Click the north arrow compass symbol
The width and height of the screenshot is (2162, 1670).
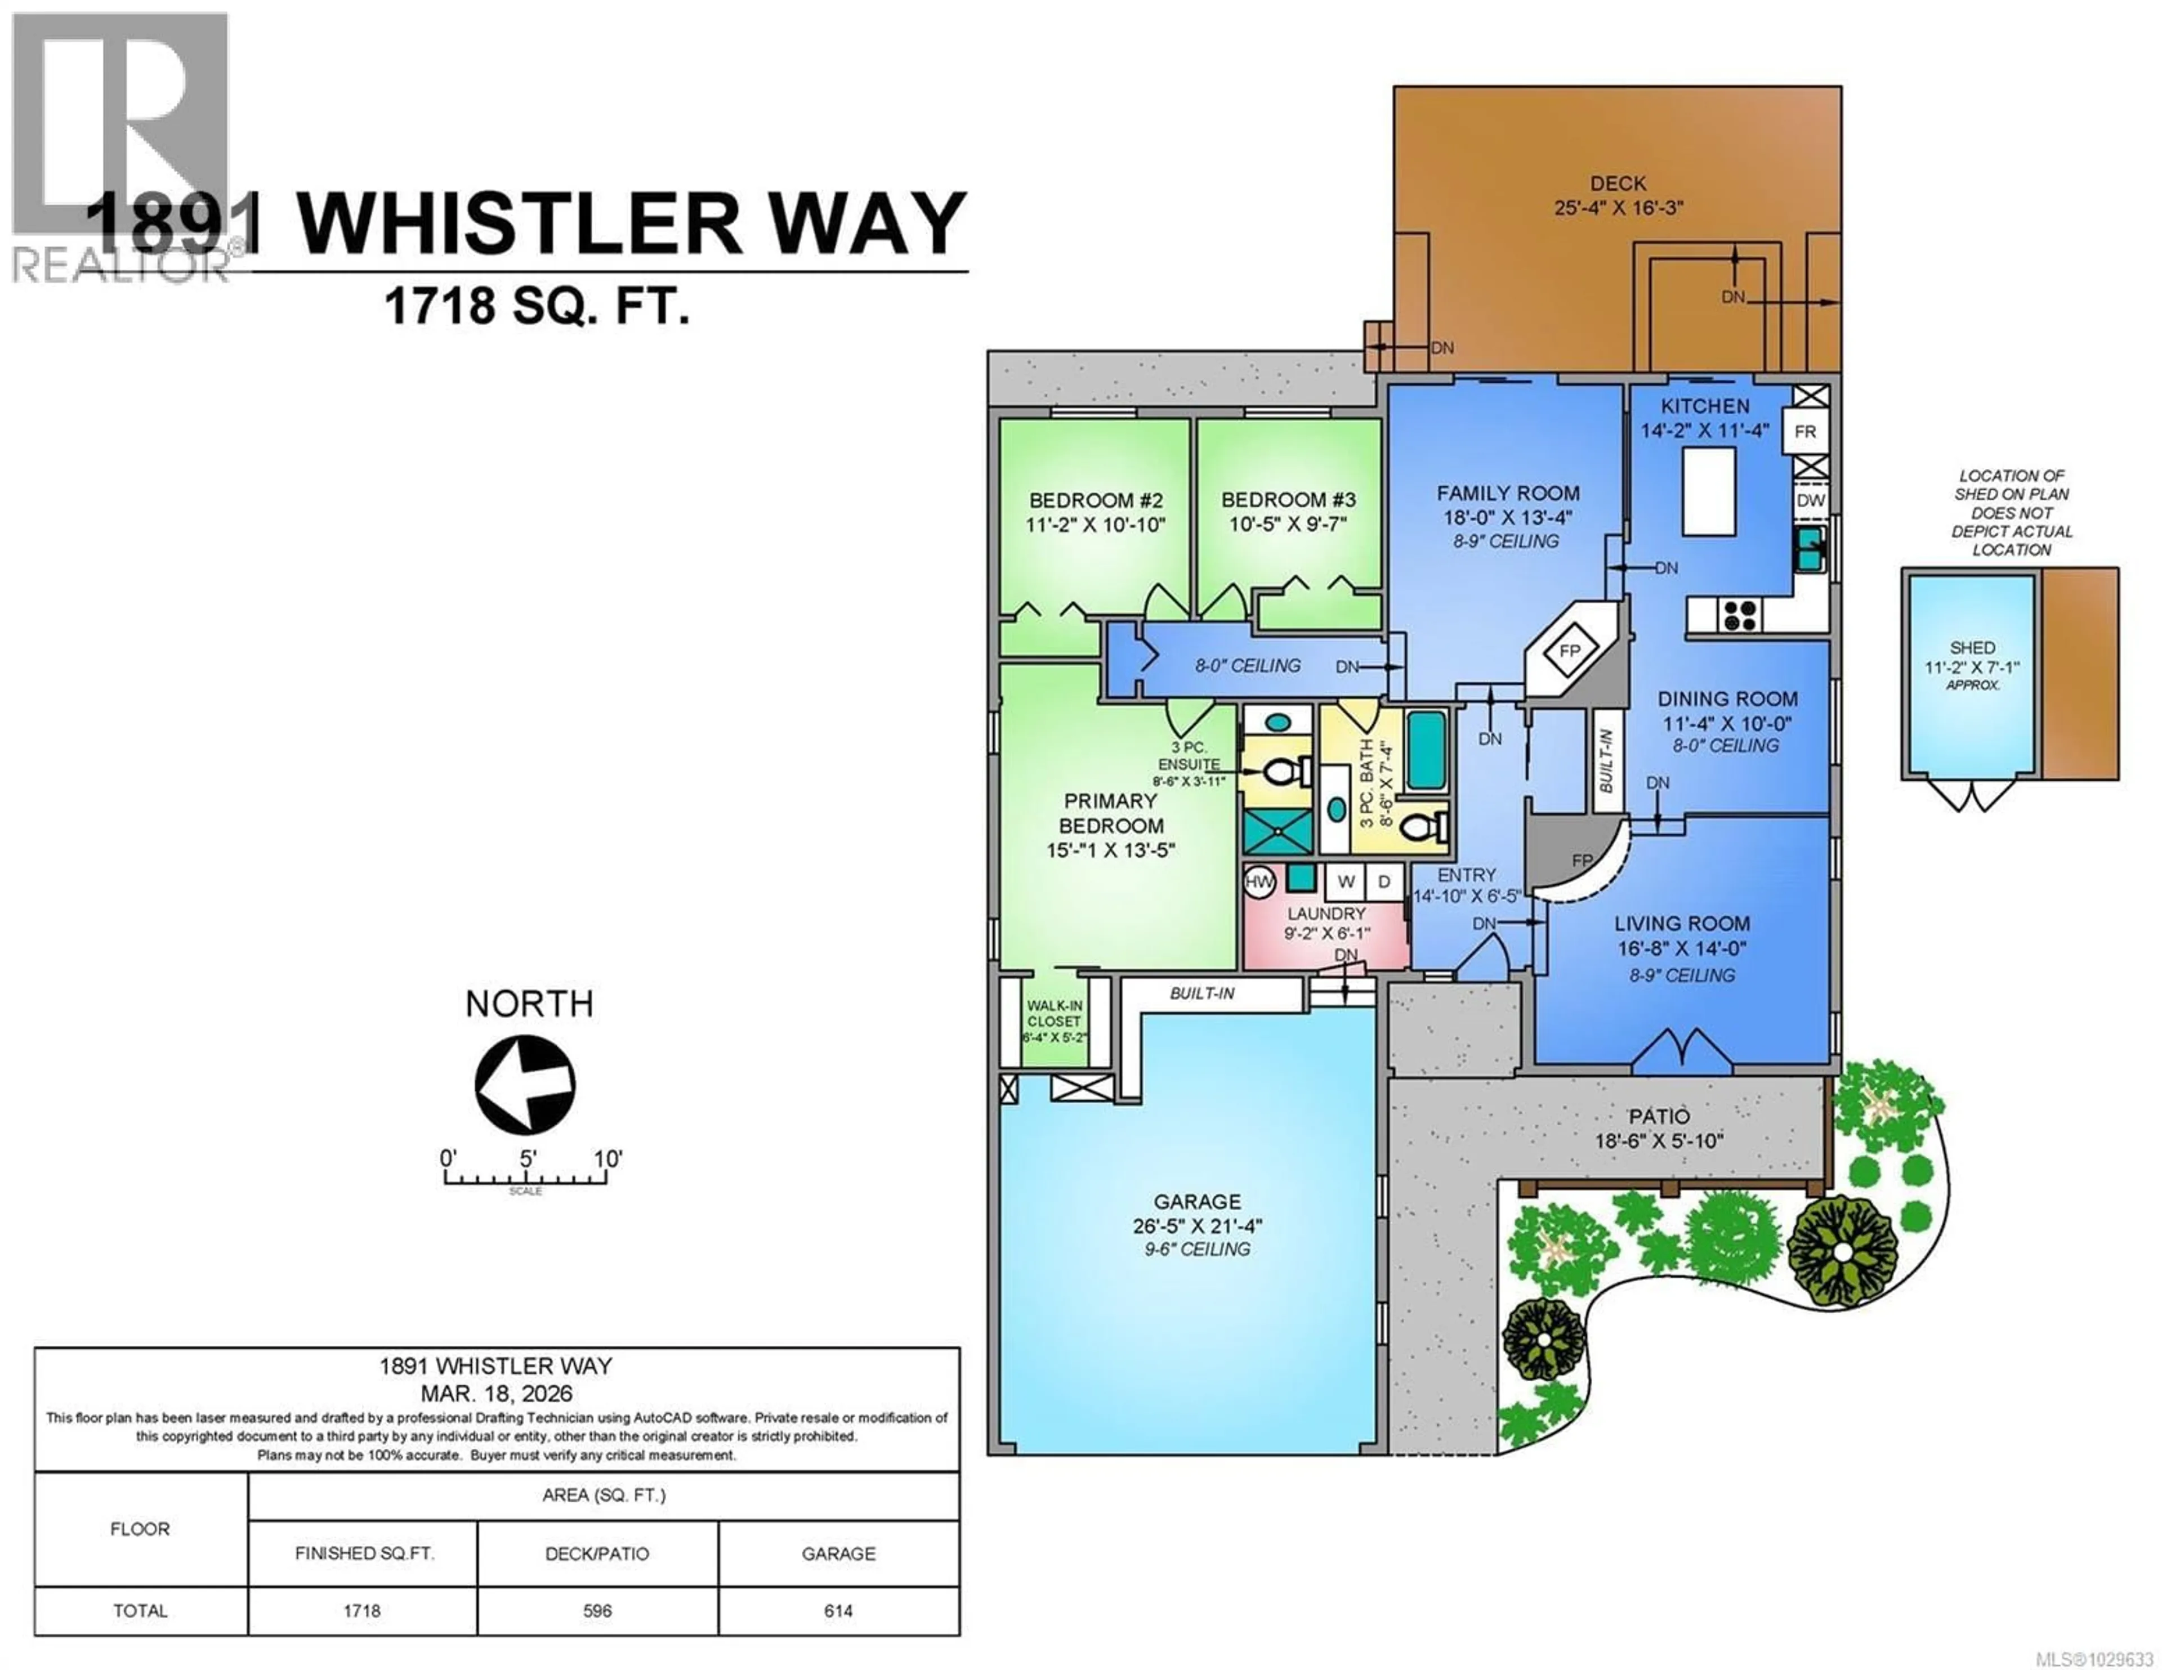pos(525,1084)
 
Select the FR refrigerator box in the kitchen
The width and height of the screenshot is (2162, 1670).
pos(1804,432)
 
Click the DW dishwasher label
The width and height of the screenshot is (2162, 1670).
pos(1811,500)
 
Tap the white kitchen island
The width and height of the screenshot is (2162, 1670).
pos(1709,491)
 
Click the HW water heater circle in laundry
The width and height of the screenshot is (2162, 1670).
pos(1259,881)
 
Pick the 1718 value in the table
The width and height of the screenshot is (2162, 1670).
pos(363,1610)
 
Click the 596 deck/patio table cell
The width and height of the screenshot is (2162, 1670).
pos(597,1610)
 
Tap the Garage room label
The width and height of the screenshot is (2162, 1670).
pos(1197,1202)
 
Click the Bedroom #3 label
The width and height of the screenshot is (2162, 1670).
pos(1288,500)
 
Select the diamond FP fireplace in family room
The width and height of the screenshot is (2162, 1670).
pos(1570,650)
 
